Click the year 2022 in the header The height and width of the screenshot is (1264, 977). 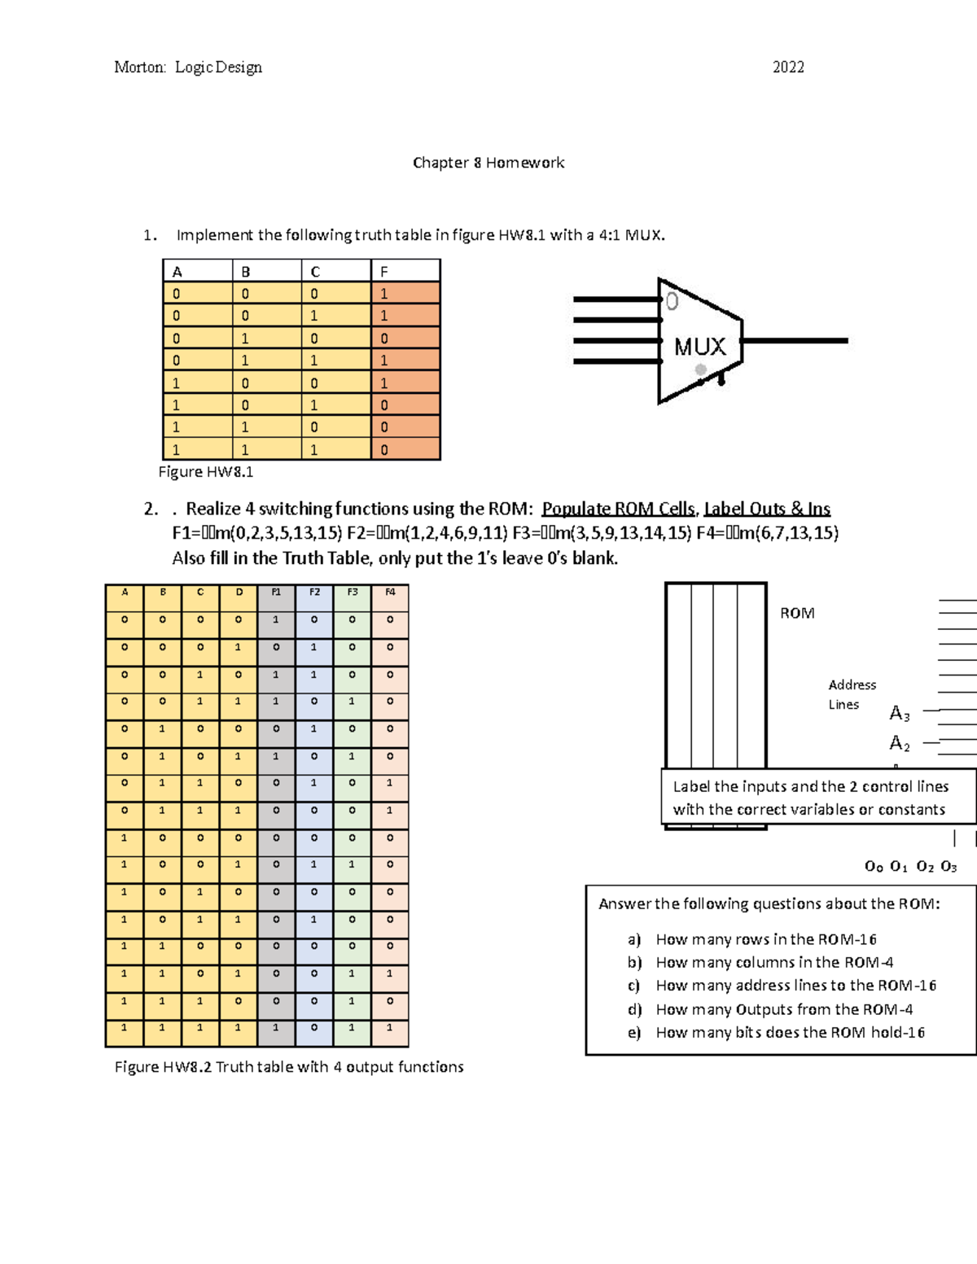pos(788,67)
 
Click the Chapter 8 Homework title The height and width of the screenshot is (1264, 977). pos(488,163)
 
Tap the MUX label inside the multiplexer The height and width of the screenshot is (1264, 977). pos(699,347)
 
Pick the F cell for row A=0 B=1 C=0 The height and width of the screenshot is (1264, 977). pos(405,339)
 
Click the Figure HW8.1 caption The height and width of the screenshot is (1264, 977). pos(206,472)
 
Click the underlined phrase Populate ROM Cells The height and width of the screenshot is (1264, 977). pos(619,509)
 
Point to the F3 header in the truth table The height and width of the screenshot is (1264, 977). pos(353,593)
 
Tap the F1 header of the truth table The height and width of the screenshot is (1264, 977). pos(276,593)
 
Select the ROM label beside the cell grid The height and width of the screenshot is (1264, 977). pos(797,614)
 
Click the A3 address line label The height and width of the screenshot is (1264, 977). pos(899,714)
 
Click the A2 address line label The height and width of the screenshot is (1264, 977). pos(899,743)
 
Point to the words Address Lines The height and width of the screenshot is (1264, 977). pos(850,694)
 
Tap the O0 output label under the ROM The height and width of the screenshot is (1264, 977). pos(874,867)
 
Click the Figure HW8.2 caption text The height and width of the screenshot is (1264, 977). pos(289,1067)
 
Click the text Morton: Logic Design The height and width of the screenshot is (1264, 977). pos(188,67)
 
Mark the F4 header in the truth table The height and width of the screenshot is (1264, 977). pos(390,593)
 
